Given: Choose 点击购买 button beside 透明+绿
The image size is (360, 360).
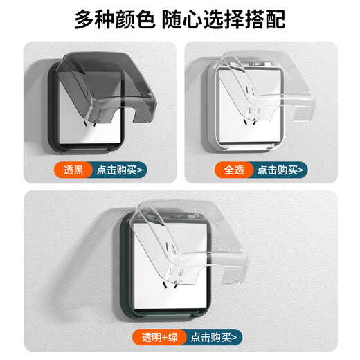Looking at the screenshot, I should [x=216, y=336].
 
